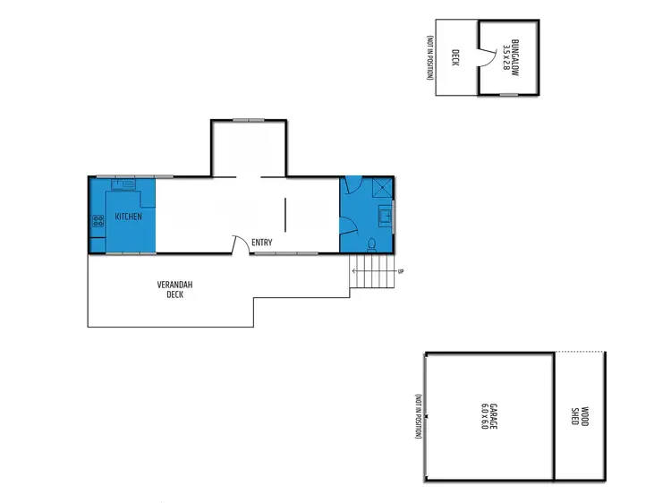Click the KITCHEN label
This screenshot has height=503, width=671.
(129, 217)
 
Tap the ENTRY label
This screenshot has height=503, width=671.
(262, 243)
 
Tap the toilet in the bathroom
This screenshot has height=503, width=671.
(372, 242)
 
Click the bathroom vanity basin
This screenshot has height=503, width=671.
(386, 216)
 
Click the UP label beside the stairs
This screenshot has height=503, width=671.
(400, 272)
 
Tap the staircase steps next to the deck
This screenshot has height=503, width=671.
(370, 274)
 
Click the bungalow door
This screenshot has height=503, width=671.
(484, 58)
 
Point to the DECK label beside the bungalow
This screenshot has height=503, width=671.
(455, 57)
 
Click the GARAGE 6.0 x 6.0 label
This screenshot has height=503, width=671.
(483, 416)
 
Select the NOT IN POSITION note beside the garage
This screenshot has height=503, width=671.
(417, 416)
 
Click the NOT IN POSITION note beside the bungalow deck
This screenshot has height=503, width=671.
(430, 57)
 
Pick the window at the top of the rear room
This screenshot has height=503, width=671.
(249, 120)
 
